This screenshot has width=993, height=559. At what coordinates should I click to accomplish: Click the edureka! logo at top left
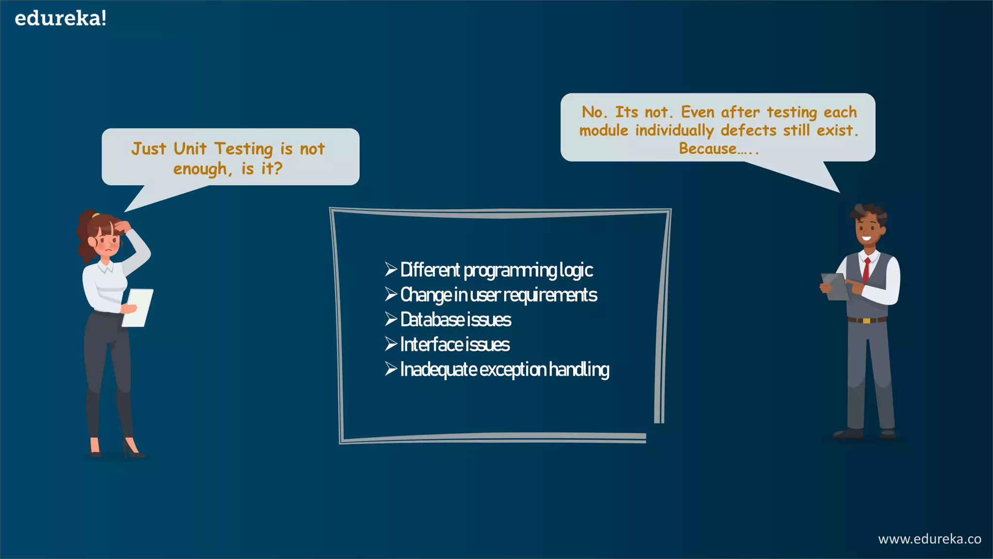tap(60, 18)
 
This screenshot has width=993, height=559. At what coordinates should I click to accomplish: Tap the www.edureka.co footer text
tap(929, 539)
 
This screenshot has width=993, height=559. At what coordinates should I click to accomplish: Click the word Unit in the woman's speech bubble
tap(190, 148)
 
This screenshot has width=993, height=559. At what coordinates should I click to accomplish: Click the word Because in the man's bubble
tap(707, 148)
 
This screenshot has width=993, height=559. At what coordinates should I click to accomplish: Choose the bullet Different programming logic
tap(496, 270)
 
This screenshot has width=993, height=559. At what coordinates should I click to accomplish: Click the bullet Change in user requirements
tap(498, 295)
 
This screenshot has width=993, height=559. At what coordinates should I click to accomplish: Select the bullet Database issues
tap(455, 320)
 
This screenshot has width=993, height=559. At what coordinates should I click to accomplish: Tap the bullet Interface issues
tap(454, 345)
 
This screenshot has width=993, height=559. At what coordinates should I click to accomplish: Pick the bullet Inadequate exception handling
tap(504, 369)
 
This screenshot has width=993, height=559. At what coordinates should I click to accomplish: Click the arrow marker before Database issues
tap(391, 319)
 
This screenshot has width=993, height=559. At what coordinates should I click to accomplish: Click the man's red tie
tap(866, 270)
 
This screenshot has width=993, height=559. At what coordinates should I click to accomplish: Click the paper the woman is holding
tap(138, 307)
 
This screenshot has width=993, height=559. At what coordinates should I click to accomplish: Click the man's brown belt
tap(867, 320)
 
